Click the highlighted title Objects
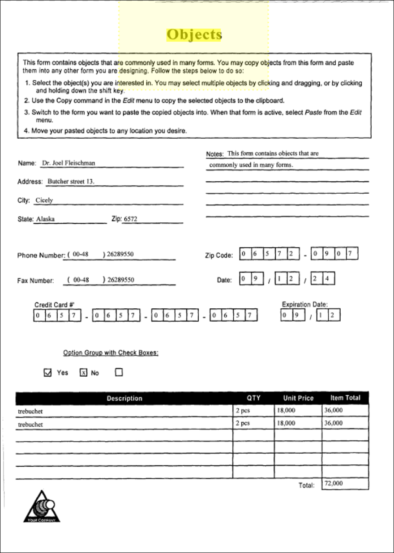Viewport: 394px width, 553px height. (x=194, y=34)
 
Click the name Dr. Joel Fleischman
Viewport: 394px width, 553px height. (x=68, y=163)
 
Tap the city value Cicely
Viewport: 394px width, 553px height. (x=44, y=200)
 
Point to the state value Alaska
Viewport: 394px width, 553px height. (x=45, y=219)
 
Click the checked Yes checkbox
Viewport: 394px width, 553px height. (x=48, y=373)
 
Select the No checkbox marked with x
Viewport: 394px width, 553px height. (x=83, y=373)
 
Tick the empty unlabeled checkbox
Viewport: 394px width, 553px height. (x=119, y=372)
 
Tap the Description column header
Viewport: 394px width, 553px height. (x=124, y=398)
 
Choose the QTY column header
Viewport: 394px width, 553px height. (x=253, y=398)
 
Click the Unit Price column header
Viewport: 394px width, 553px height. (x=298, y=398)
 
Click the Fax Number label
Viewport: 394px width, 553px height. (x=35, y=281)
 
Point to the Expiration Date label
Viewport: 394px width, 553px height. (x=304, y=305)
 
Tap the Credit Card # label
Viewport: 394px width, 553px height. (x=54, y=305)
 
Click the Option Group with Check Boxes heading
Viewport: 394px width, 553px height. (x=111, y=353)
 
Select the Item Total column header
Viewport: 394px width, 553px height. (x=345, y=397)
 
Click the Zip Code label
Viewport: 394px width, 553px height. (x=218, y=255)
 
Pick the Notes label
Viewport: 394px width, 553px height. (x=214, y=154)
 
